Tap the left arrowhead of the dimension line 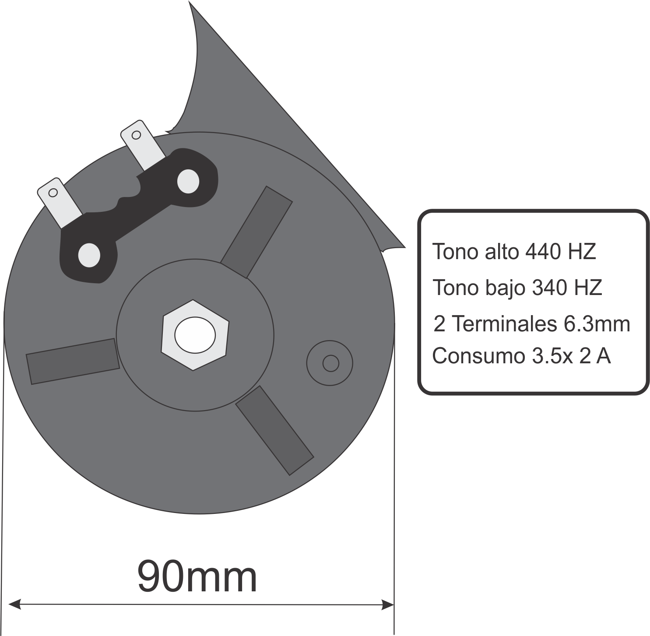coord(14,604)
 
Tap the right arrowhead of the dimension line coord(387,604)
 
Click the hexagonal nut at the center coord(195,335)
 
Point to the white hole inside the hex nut coord(195,335)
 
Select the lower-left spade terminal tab coord(60,203)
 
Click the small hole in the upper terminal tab coord(136,135)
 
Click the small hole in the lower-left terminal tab coord(53,193)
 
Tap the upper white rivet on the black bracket coord(188,181)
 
